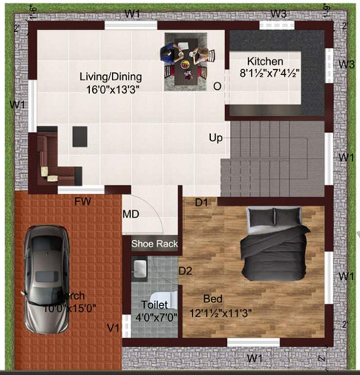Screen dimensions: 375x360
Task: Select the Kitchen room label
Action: click(265, 62)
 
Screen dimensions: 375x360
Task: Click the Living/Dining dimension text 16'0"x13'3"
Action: click(111, 88)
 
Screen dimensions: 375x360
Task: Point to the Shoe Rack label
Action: click(155, 244)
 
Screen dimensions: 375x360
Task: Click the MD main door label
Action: click(130, 213)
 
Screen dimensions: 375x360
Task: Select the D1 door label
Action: click(202, 202)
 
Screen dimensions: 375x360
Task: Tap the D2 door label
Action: click(185, 270)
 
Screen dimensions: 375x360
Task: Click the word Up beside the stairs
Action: click(216, 138)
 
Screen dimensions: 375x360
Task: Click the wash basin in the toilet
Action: click(140, 268)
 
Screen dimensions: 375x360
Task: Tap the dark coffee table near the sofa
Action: click(80, 136)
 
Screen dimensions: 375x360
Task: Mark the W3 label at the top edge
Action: click(278, 13)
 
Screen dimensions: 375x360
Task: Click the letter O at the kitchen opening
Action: click(217, 86)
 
